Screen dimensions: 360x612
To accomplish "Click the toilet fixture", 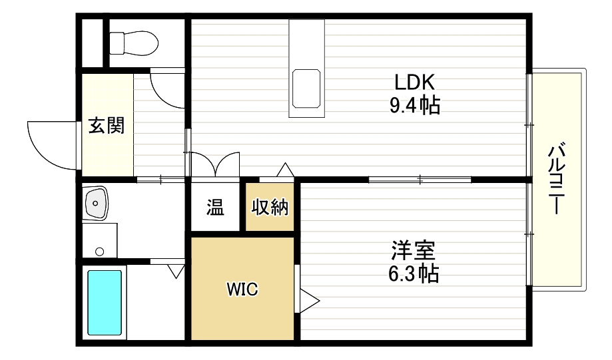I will (134, 43).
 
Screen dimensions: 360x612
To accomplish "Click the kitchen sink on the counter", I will (307, 88).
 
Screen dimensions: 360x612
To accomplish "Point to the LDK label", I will (414, 83).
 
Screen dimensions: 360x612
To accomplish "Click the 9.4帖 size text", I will (414, 105).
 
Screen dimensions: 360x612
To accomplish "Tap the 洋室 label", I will (413, 252).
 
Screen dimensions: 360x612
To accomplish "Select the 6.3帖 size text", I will (413, 273).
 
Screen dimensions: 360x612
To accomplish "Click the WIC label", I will (242, 289).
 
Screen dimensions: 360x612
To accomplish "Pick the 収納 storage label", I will (270, 207).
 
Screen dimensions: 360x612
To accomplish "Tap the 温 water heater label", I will (214, 207).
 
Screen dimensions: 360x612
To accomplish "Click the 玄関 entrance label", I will (107, 126).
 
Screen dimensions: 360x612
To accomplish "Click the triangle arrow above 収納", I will (285, 170).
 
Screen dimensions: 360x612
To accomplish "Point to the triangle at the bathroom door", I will (176, 271).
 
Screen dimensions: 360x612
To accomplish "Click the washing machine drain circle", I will (100, 251).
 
